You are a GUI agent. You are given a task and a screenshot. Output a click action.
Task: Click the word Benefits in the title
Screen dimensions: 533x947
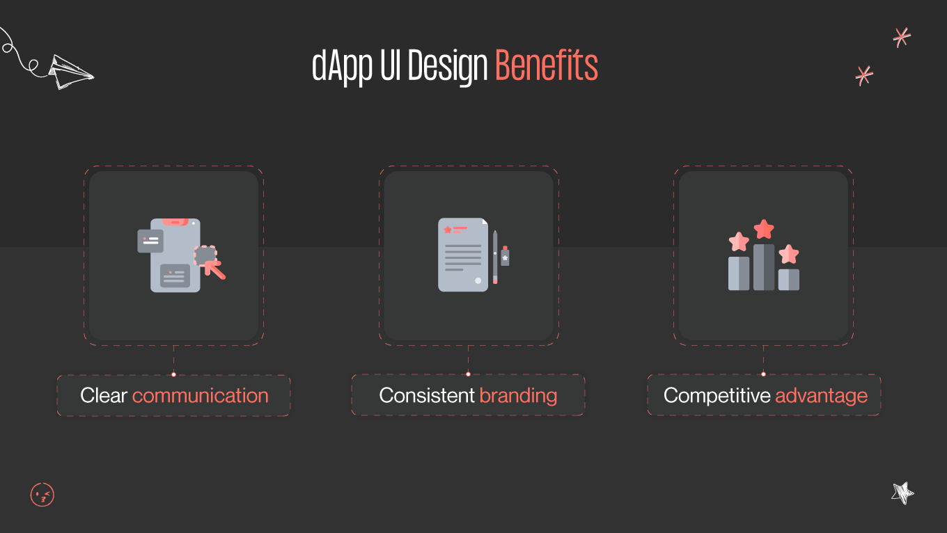546,67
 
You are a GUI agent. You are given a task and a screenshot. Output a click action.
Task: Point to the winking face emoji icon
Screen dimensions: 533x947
42,495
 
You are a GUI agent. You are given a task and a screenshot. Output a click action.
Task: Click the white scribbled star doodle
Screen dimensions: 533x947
902,493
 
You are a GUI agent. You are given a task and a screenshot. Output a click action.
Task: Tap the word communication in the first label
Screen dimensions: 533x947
200,396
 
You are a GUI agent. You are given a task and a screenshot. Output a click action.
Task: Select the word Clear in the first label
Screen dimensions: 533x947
104,396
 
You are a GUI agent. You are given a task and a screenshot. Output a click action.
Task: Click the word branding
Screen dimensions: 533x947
518,396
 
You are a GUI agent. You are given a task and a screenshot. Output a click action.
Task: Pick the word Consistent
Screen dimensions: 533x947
427,396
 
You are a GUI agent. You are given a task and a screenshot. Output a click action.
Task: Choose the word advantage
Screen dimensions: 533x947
821,396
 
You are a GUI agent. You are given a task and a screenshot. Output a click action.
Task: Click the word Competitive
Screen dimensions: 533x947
717,396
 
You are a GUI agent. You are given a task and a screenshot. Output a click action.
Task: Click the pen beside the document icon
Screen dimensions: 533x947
495,257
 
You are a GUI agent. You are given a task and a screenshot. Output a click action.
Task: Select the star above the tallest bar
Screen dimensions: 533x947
764,229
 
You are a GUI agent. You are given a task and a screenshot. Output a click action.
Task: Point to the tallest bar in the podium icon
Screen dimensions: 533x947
764,267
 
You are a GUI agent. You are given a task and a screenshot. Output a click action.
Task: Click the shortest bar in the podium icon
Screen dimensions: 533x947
789,279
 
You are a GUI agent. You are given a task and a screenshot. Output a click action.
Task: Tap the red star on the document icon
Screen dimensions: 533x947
448,229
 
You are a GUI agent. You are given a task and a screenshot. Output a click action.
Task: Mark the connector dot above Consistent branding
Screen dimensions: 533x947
468,374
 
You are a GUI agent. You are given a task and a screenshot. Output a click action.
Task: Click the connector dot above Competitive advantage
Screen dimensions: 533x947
763,374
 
